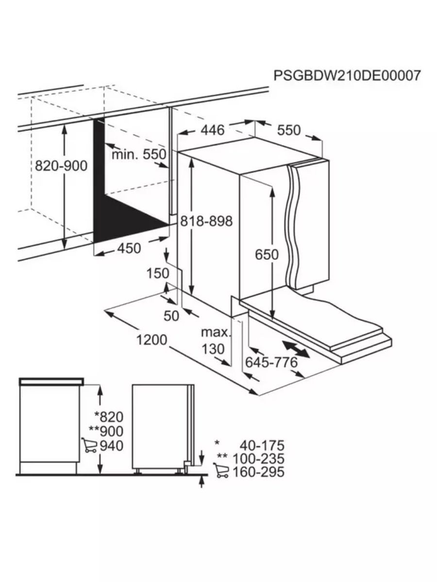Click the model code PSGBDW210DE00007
click(347, 76)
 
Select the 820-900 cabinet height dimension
click(61, 166)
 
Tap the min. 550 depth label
click(139, 155)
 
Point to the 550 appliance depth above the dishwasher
click(289, 130)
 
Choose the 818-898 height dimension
click(207, 221)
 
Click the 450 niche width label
click(128, 248)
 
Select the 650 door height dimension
click(267, 254)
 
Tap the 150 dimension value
click(158, 274)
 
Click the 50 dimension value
click(171, 316)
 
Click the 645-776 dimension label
click(271, 362)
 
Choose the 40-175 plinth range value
click(262, 445)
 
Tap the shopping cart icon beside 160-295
click(221, 471)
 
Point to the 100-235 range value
click(258, 458)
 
